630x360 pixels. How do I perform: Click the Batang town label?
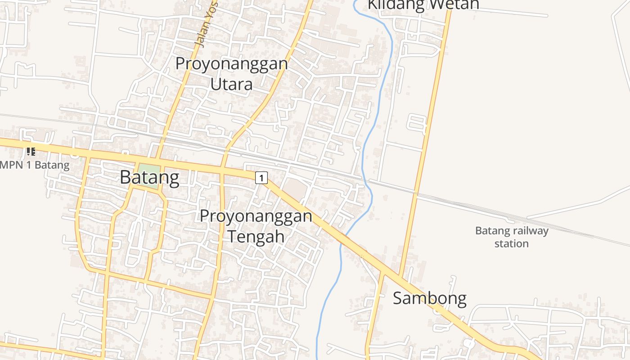point(149,178)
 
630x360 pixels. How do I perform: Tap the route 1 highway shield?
point(261,178)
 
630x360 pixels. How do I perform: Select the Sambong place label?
point(429,298)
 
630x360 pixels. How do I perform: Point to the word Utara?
point(231,84)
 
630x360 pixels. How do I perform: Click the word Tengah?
point(256,236)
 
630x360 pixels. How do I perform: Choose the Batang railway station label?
point(512,237)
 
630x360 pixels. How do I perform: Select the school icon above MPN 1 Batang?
point(31,151)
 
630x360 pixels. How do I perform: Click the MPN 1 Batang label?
point(35,165)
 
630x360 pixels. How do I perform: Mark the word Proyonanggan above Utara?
point(231,63)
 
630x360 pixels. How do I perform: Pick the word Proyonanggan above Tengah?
point(256,216)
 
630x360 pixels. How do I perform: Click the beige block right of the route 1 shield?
point(295,189)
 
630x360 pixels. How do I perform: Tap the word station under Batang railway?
point(511,244)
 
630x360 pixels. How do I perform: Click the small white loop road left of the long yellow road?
point(417,124)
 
